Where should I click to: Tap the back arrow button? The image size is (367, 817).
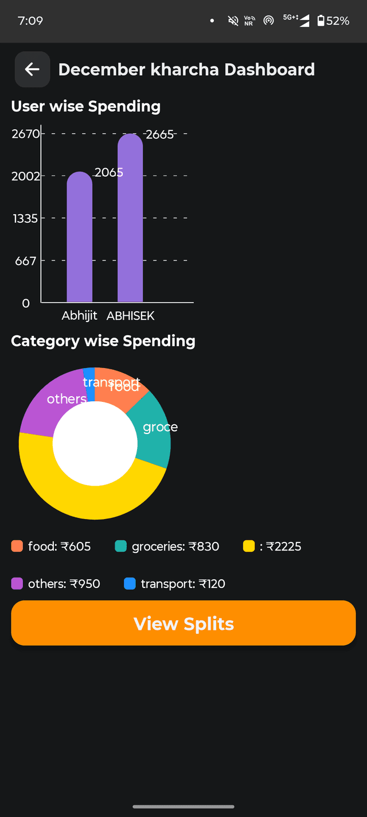click(32, 69)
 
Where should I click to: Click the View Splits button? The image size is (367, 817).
click(183, 624)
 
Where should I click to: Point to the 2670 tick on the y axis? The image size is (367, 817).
click(26, 134)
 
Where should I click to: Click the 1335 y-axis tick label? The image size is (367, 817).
click(25, 218)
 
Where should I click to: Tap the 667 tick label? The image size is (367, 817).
click(26, 261)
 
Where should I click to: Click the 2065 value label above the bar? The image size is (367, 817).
click(109, 172)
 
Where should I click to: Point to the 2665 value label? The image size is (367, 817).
click(159, 134)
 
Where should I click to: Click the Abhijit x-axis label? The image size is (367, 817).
click(79, 316)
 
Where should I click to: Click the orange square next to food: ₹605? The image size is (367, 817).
click(17, 546)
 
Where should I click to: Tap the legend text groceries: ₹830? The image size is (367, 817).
click(175, 546)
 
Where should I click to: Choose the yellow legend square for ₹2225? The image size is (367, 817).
click(249, 546)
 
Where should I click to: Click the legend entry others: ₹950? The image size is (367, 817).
click(64, 584)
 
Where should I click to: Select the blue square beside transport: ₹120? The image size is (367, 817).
click(130, 584)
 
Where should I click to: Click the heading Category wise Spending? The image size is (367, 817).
click(103, 341)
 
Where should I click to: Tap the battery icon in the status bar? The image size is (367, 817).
click(321, 21)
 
